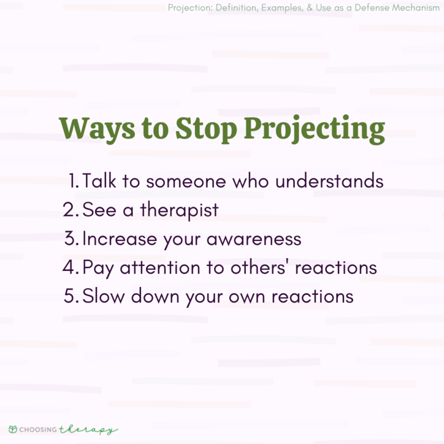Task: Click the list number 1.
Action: coord(74,181)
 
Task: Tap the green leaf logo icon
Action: coord(13,430)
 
